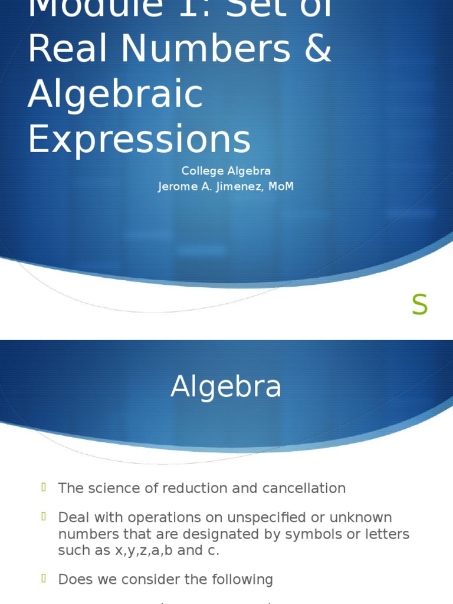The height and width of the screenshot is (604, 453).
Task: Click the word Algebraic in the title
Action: [115, 94]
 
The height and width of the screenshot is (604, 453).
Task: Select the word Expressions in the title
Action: [139, 140]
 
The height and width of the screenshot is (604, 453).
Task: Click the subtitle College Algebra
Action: [226, 171]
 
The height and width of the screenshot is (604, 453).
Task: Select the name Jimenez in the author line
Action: [237, 187]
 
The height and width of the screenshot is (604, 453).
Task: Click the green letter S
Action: [419, 305]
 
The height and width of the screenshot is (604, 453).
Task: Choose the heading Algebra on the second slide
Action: [226, 388]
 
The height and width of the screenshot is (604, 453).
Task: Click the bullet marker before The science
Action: [44, 487]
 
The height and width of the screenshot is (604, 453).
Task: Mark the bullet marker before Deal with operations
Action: [44, 516]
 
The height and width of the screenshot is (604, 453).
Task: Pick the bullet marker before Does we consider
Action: [44, 578]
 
